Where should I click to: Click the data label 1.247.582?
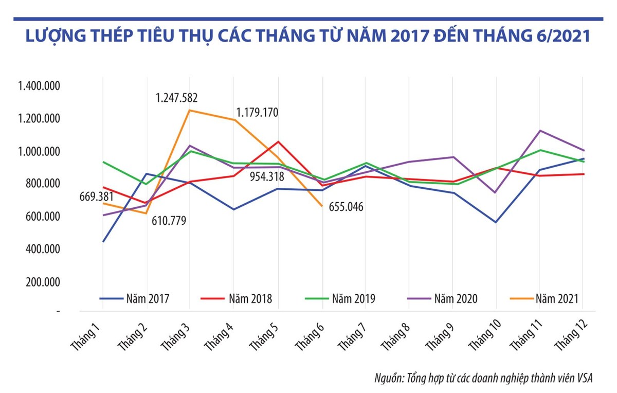(177, 98)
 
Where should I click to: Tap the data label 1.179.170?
(257, 112)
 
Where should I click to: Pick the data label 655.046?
(342, 208)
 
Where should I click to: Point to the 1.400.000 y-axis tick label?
(39, 86)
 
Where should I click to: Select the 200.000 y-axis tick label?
(42, 282)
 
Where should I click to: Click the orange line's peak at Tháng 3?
(190, 110)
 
